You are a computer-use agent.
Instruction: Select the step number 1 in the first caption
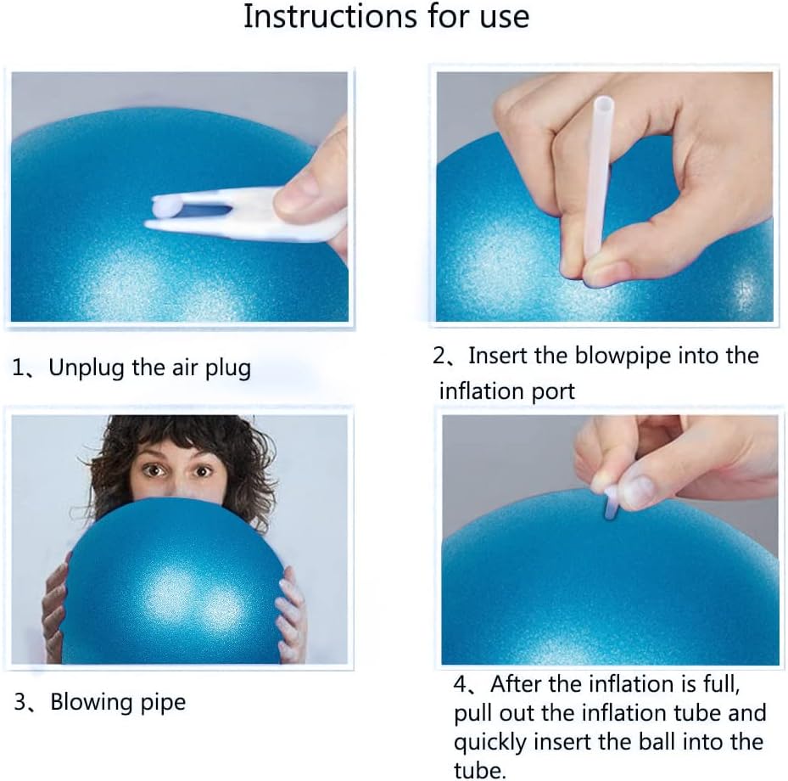[x=18, y=368]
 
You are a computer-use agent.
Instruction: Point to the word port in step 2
[x=552, y=391]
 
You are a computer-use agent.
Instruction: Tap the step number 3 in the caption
[x=19, y=702]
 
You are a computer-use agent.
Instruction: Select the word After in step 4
[x=517, y=683]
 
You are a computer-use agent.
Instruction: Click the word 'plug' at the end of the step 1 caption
[x=227, y=368]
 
